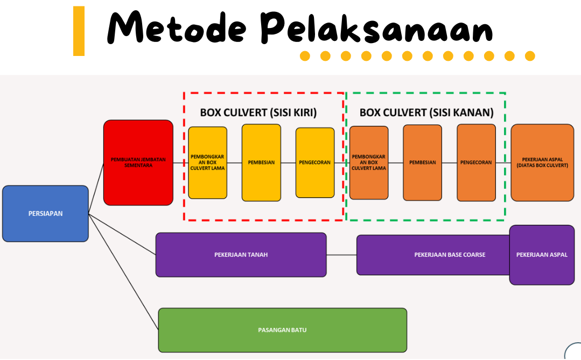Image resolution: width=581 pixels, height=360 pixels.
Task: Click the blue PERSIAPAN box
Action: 45,214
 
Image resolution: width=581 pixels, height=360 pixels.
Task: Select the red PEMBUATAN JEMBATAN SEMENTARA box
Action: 138,163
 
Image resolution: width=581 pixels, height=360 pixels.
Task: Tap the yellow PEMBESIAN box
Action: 261,163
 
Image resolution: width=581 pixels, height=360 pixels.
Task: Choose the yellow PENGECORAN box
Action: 315,163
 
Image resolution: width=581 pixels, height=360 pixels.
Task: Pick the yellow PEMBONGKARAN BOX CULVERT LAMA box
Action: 207,163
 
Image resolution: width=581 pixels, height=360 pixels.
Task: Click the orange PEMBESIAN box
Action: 422,163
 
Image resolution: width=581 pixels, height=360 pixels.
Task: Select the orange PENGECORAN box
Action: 476,163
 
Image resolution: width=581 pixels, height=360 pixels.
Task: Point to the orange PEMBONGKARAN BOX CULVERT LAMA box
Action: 369,163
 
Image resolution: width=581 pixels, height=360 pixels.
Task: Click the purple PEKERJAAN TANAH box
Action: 241,255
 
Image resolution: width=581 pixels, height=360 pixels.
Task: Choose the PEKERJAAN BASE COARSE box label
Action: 450,255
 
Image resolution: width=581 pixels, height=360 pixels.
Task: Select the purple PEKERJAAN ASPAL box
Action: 542,255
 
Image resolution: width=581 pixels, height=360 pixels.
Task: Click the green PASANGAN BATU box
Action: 282,330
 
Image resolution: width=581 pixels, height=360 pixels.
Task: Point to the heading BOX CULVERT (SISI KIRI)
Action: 258,113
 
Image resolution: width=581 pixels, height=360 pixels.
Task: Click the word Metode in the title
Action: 178,28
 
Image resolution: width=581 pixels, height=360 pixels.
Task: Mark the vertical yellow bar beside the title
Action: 79,31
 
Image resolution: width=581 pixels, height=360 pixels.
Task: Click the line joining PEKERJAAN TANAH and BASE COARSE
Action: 341,255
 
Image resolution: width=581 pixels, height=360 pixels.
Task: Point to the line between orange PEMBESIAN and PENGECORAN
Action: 449,163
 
